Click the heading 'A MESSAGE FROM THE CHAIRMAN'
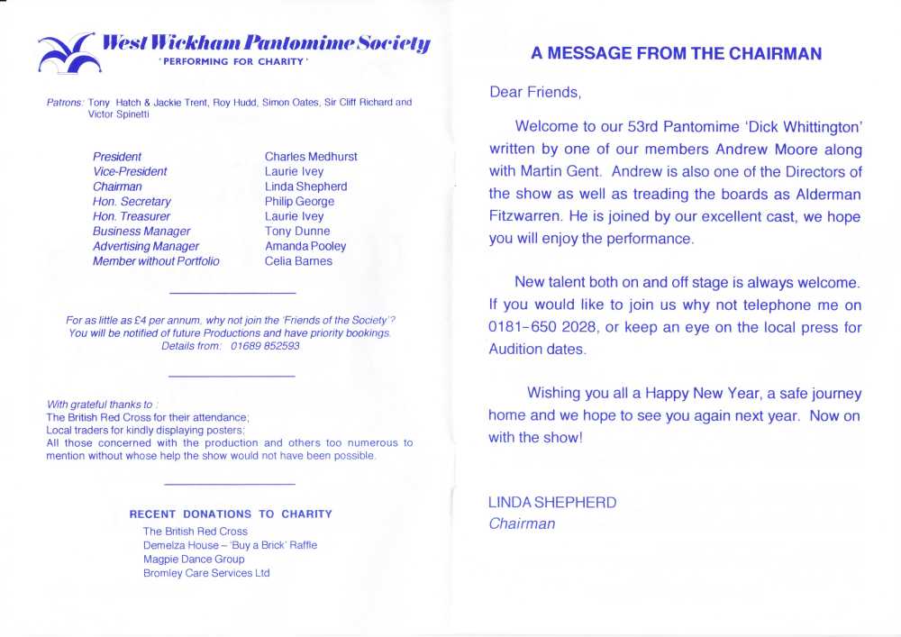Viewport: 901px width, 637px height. tap(676, 54)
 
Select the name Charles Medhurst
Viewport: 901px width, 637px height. tap(311, 157)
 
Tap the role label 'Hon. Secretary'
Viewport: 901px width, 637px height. tap(132, 202)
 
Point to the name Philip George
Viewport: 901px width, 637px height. tap(299, 202)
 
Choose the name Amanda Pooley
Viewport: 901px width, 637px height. tap(305, 246)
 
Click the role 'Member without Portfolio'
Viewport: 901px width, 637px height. tap(156, 261)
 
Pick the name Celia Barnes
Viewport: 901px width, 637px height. tap(298, 261)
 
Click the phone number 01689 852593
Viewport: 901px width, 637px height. tap(265, 346)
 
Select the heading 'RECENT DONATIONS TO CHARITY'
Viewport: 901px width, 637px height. tap(231, 514)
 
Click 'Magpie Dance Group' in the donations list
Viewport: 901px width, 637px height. tap(194, 560)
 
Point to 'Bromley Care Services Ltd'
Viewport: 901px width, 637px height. tap(206, 573)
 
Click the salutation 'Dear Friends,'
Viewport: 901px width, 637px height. tap(535, 92)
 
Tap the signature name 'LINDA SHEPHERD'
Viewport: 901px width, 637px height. tap(552, 503)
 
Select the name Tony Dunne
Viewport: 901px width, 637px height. tap(297, 232)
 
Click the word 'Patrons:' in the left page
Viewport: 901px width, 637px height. tap(65, 103)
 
